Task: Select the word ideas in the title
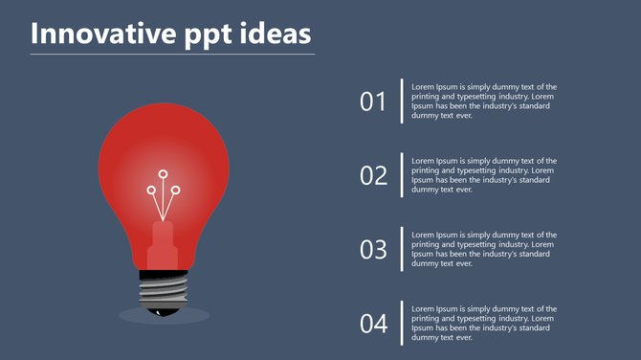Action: point(276,34)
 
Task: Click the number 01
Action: point(373,101)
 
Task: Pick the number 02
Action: point(373,175)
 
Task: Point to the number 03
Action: point(373,250)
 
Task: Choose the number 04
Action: point(373,324)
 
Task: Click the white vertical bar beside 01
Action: point(402,101)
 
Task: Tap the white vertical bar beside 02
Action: point(402,175)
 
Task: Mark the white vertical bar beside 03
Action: point(402,249)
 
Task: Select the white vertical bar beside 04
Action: point(402,324)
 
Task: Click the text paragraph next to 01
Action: point(484,101)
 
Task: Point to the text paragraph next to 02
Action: point(484,175)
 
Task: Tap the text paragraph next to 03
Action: point(484,249)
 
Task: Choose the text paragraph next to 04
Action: point(484,323)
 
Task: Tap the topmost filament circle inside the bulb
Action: point(164,174)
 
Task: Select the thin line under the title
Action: point(172,55)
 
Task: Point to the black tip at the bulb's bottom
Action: point(165,309)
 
